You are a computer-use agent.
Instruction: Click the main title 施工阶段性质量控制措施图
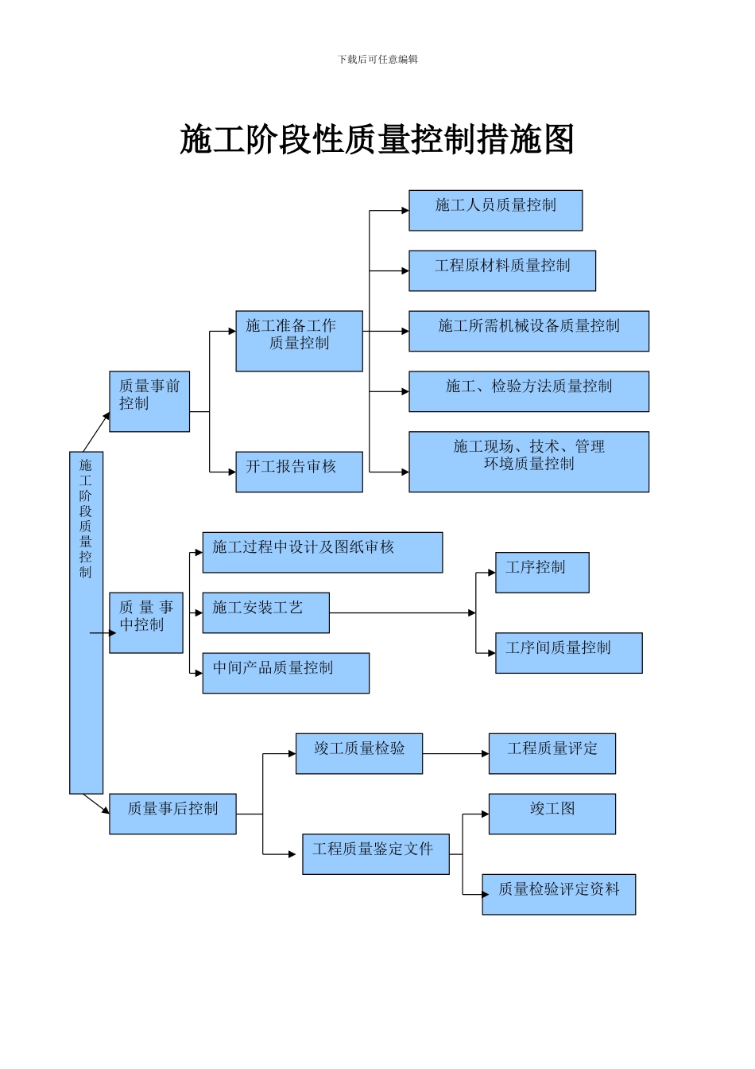[377, 140]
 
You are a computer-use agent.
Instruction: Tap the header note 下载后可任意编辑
[377, 59]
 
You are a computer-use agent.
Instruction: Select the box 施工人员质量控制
[495, 211]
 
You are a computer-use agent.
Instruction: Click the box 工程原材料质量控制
[502, 270]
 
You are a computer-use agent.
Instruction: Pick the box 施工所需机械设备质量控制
[528, 331]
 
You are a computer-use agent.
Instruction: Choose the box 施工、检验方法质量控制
[528, 391]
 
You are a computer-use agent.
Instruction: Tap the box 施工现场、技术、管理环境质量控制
[528, 461]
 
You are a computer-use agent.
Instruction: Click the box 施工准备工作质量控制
[299, 341]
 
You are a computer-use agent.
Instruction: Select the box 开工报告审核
[299, 472]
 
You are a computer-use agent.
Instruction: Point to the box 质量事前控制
[149, 402]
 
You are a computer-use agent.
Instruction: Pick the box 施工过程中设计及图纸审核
[322, 553]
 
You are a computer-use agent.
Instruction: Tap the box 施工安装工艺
[265, 612]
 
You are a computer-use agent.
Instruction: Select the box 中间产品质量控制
[285, 673]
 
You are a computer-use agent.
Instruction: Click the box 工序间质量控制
[568, 653]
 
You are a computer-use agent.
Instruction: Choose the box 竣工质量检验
[358, 753]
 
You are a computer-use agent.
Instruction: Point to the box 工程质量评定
[552, 753]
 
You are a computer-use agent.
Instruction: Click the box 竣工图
[552, 814]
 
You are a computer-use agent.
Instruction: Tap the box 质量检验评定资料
[558, 894]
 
